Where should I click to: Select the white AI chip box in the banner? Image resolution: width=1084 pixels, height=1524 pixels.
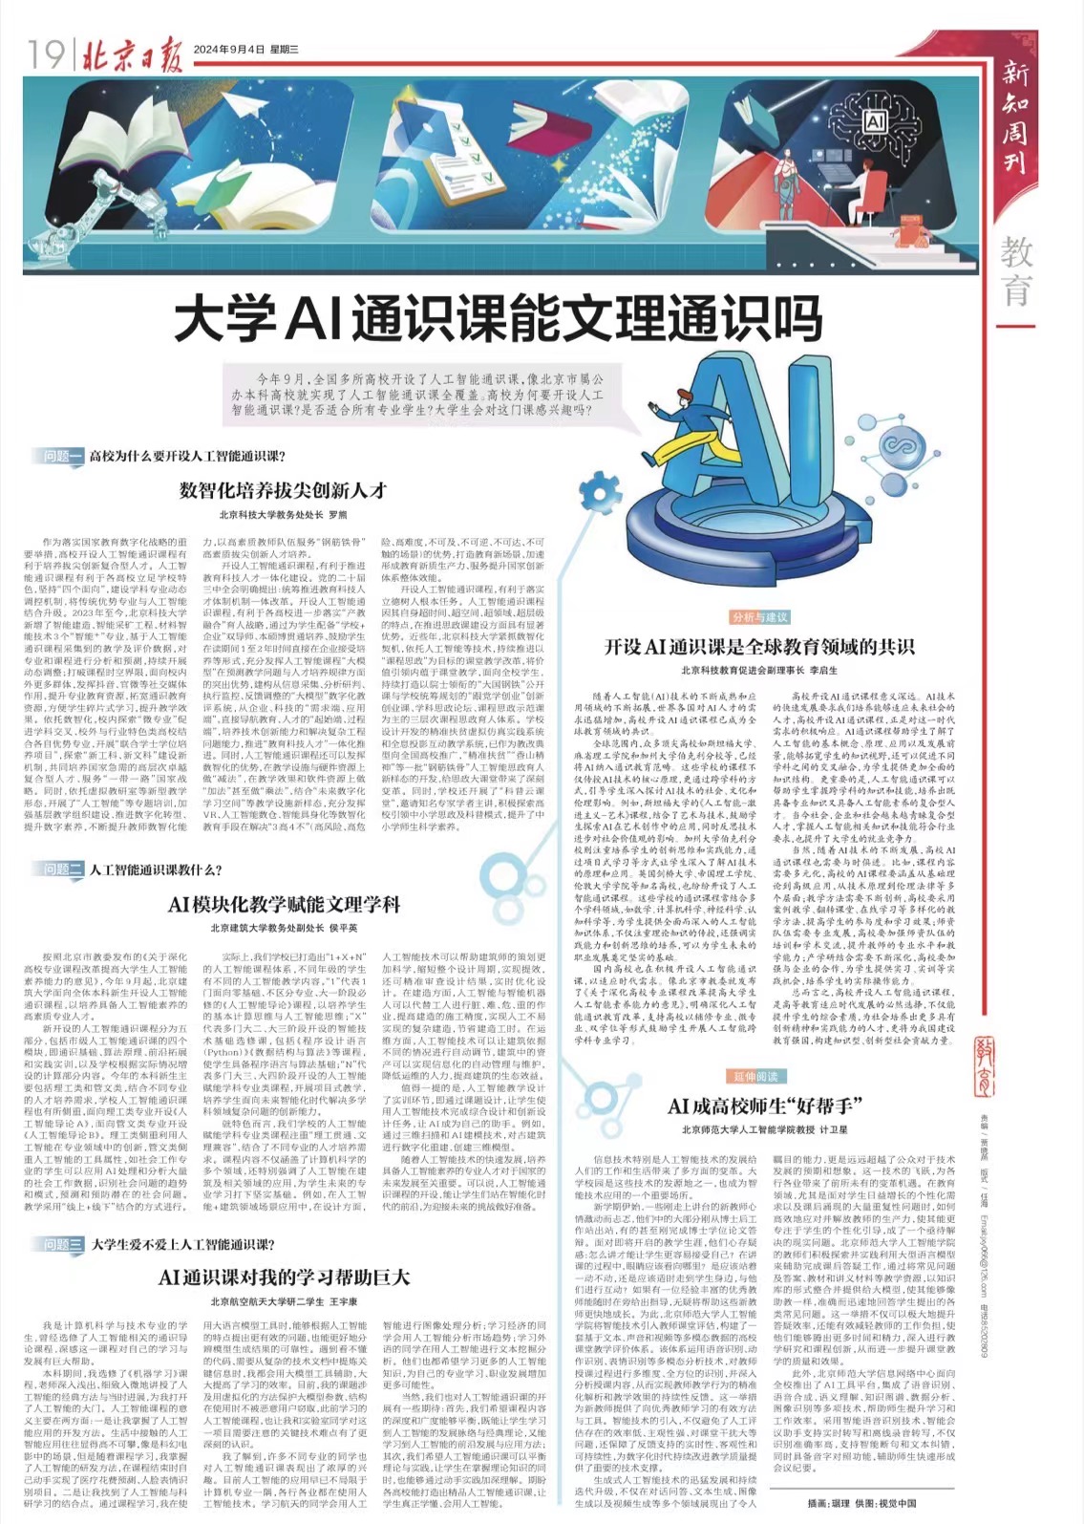[x=874, y=122]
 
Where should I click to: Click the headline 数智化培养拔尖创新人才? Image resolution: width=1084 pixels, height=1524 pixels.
[x=283, y=490]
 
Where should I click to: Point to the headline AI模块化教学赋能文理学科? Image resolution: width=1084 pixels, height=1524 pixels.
[x=284, y=904]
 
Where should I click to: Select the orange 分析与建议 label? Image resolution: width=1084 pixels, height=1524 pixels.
[x=760, y=617]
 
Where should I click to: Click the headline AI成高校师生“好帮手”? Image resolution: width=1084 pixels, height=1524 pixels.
[x=764, y=1106]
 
